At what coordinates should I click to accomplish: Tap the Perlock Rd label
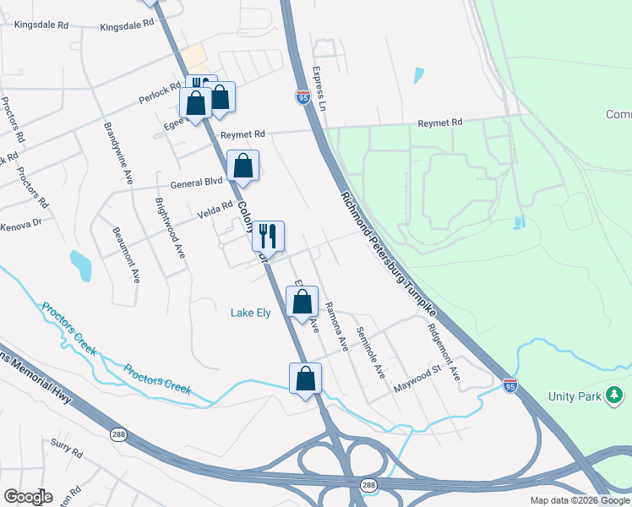[161, 94]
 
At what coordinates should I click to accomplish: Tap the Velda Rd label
[215, 209]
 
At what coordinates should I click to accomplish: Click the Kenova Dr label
[20, 226]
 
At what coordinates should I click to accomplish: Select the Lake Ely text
[251, 313]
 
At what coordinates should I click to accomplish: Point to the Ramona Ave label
[336, 325]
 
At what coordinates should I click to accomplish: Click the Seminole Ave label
[370, 352]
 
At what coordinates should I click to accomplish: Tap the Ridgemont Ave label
[443, 351]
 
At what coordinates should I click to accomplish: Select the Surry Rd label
[65, 447]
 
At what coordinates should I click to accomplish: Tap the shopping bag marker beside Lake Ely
[302, 303]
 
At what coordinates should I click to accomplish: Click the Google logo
[28, 497]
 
